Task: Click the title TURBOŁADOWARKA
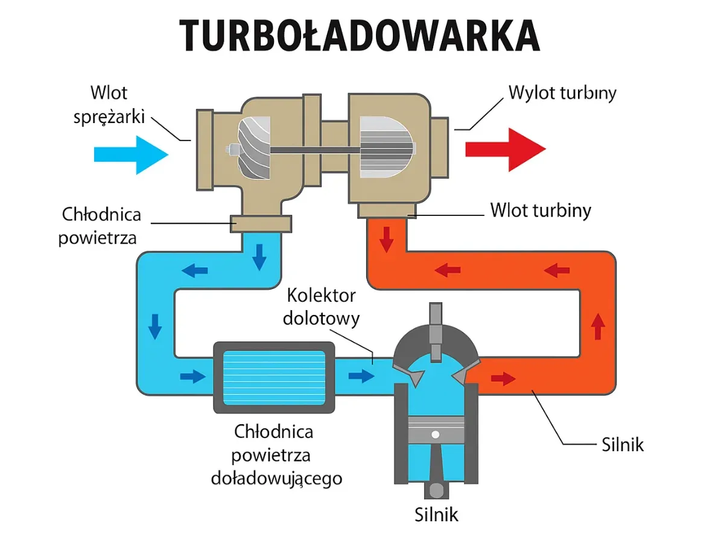point(360,35)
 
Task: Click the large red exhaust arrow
point(505,149)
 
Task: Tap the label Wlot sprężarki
point(109,104)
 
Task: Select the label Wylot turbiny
point(562,94)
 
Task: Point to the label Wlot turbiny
point(540,211)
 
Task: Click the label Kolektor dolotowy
point(321,306)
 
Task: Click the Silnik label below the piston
point(436,515)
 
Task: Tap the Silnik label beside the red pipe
point(623,445)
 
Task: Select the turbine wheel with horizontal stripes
point(387,147)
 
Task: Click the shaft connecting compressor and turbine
point(314,148)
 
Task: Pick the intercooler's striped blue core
point(274,378)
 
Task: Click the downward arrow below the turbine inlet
point(386,241)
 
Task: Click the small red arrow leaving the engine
point(503,379)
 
